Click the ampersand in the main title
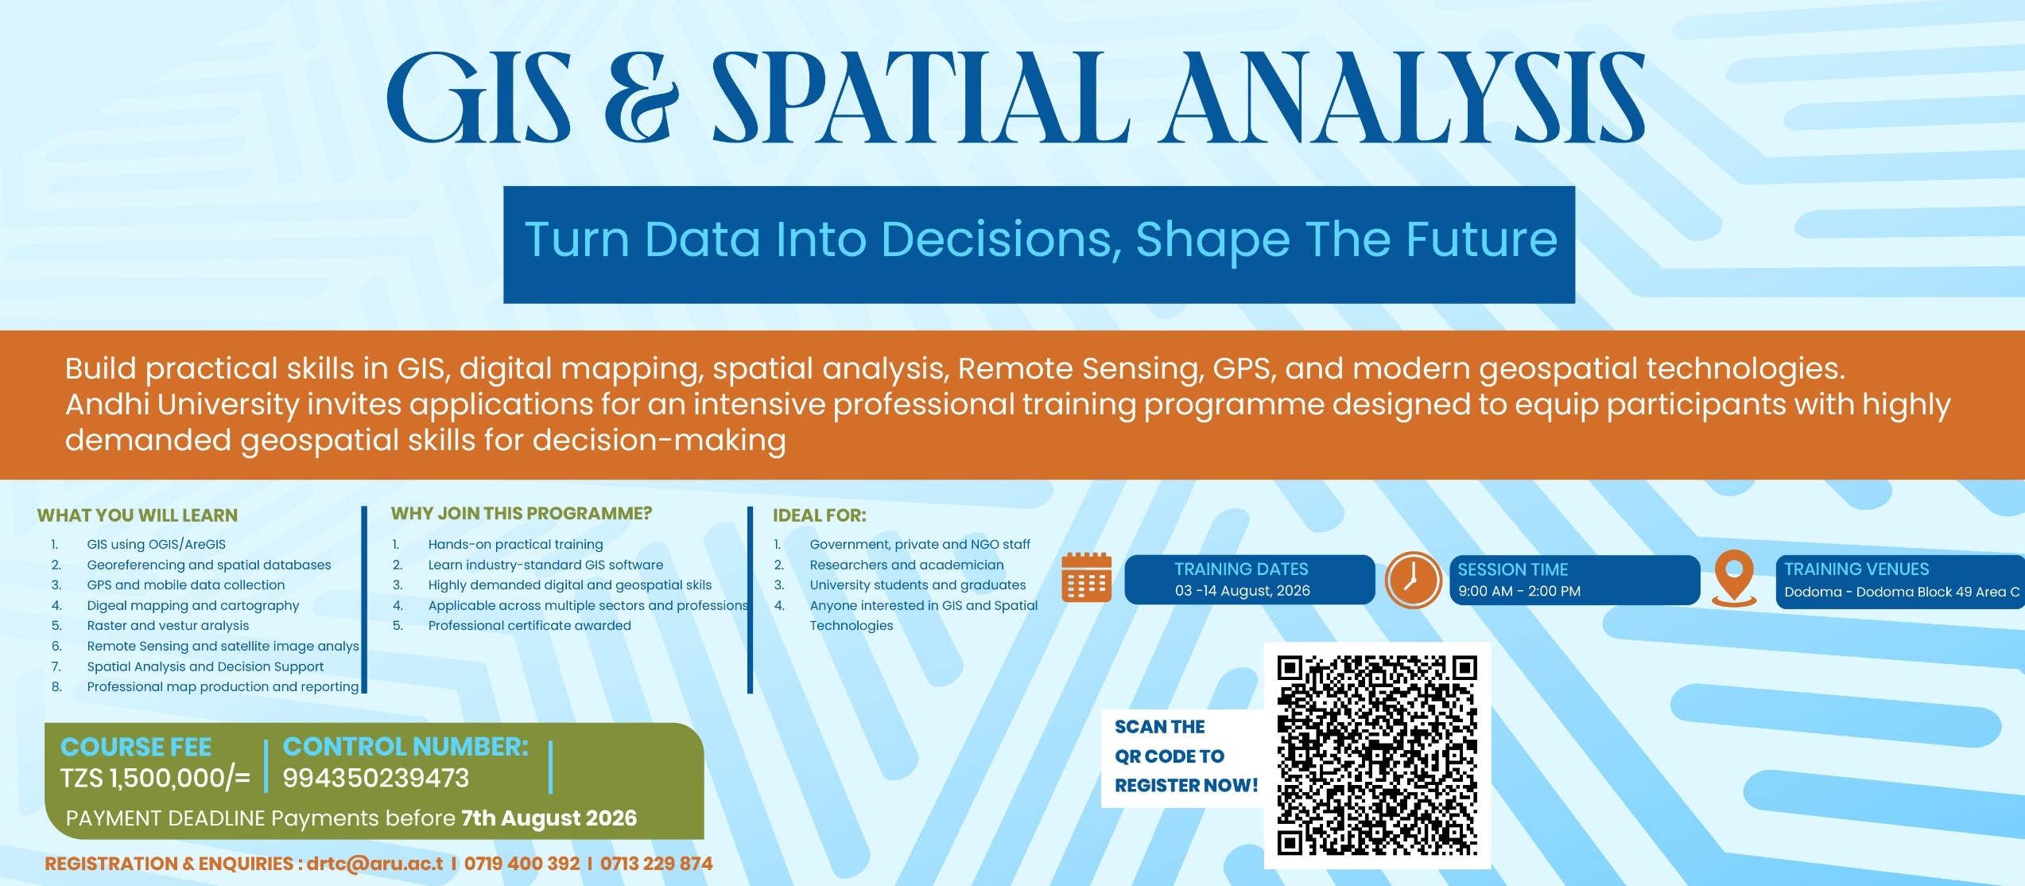642,98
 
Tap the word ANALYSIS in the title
1402,98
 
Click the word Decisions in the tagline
1001,239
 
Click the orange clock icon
1413,580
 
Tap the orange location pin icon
1734,578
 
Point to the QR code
1377,756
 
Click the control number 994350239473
376,778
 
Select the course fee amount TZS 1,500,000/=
155,778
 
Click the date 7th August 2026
549,818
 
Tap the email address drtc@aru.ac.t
375,864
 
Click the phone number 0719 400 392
522,864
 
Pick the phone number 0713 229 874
656,864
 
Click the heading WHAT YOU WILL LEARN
138,515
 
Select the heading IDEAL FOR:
820,515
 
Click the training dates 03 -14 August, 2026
1243,591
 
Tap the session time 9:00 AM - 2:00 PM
1519,592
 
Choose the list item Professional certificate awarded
530,626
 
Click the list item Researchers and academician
907,565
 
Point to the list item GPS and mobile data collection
186,585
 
